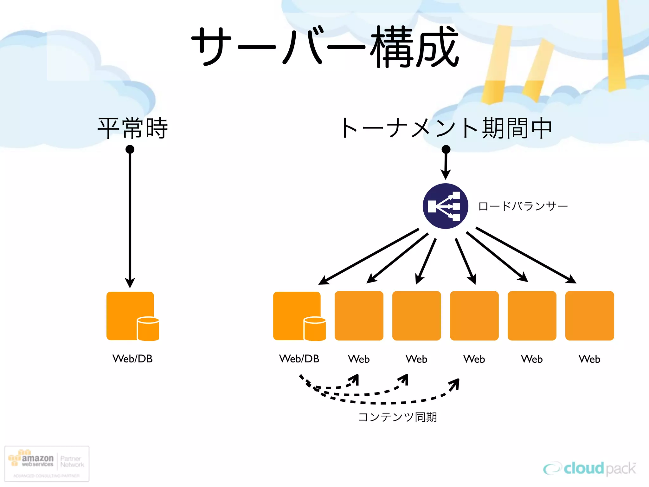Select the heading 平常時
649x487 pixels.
click(132, 128)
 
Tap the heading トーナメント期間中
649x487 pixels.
click(446, 128)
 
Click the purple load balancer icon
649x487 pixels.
click(445, 206)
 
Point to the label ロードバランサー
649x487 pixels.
click(523, 206)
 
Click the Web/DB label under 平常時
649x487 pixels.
click(132, 359)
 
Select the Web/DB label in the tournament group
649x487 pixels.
click(299, 359)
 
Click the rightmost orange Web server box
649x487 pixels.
click(589, 315)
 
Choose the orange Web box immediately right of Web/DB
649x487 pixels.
click(359, 315)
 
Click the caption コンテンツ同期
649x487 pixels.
click(397, 417)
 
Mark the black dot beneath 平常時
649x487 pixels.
click(130, 149)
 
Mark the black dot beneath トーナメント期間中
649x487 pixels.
click(446, 149)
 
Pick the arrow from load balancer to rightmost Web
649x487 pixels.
click(526, 255)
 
